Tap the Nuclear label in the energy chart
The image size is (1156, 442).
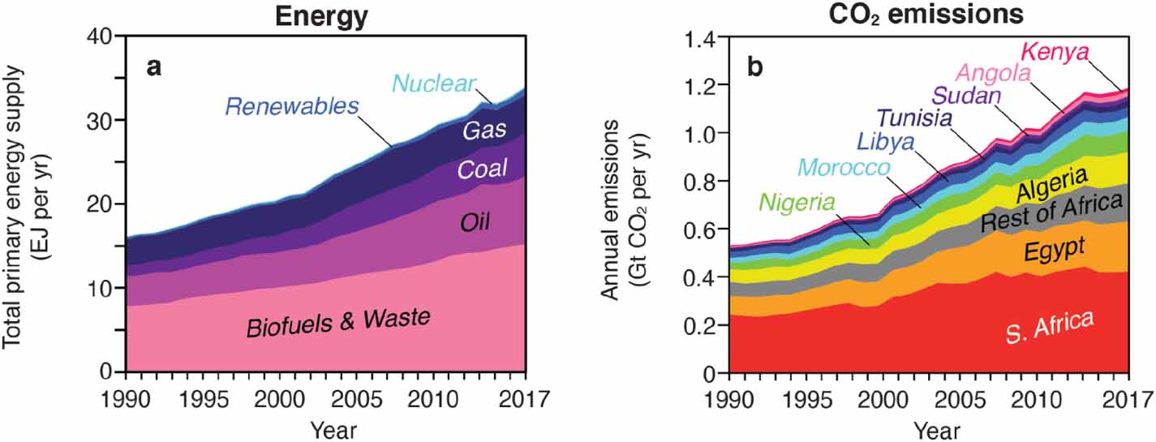(429, 82)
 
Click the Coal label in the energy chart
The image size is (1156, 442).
(483, 169)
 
